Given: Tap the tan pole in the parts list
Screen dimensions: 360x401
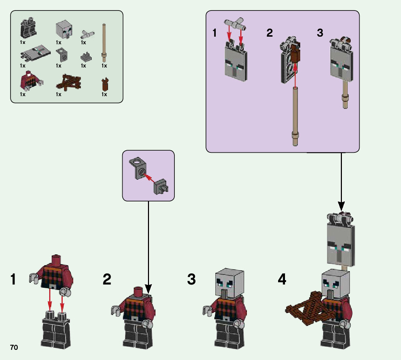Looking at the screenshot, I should pyautogui.click(x=104, y=42).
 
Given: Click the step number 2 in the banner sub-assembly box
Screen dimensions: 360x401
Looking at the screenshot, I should pyautogui.click(x=269, y=33).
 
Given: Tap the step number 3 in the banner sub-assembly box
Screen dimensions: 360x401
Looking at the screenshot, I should pyautogui.click(x=320, y=33).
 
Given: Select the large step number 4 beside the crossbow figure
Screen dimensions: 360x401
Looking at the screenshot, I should pyautogui.click(x=282, y=280).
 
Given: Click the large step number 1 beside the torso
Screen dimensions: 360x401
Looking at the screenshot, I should pyautogui.click(x=13, y=280).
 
